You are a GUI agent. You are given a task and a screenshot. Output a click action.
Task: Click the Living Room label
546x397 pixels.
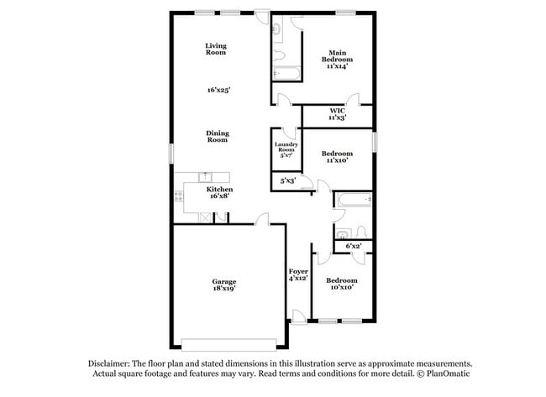216,49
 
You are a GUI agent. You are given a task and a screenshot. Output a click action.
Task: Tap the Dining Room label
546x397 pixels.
218,136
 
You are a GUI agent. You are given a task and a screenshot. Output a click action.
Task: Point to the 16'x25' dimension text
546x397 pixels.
218,89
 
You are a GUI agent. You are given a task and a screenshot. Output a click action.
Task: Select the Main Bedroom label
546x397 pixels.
338,60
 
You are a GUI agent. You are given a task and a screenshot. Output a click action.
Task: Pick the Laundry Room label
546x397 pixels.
286,149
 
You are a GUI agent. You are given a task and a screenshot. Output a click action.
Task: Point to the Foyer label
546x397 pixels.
298,272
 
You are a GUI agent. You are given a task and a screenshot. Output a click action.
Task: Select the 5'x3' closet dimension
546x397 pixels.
287,180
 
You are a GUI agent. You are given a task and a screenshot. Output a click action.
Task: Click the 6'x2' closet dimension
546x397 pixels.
353,246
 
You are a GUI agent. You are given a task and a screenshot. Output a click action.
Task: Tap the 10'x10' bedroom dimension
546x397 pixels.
341,287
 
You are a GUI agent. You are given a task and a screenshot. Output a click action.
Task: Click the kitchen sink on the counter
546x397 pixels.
203,176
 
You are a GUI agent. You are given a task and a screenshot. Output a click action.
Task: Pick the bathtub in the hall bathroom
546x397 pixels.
353,201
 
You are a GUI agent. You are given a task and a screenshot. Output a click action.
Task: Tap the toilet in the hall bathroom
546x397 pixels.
359,231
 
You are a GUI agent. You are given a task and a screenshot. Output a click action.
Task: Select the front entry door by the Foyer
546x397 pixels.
297,317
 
